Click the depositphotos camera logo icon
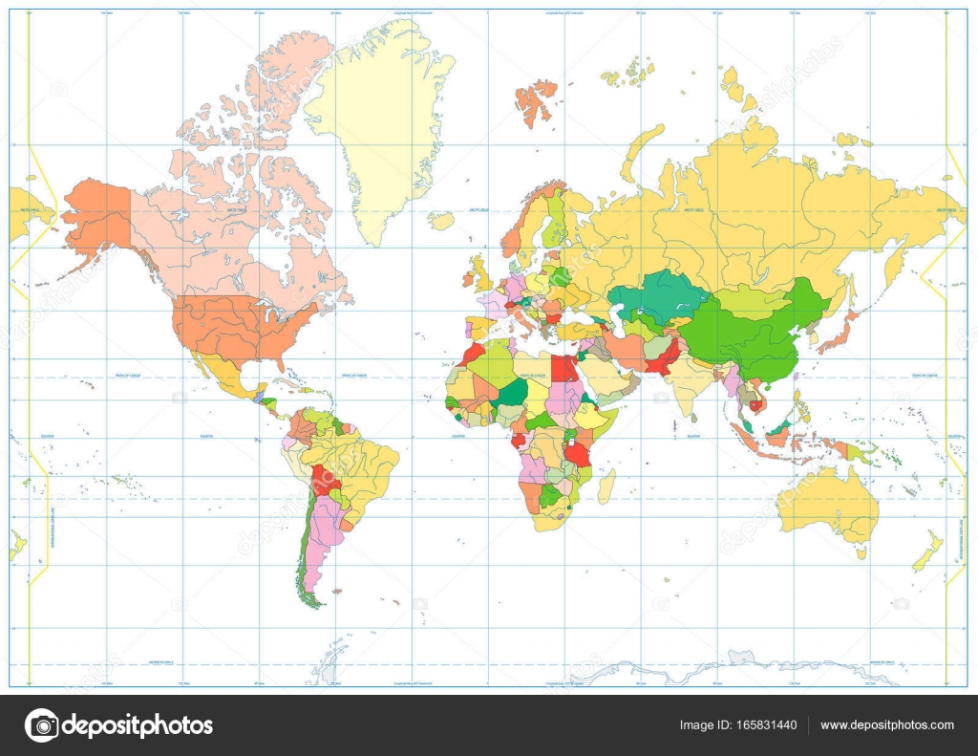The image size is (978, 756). coord(41,725)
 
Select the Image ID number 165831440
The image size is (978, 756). coord(738,725)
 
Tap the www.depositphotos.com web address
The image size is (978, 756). coord(886,725)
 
